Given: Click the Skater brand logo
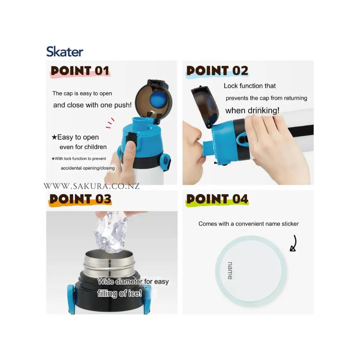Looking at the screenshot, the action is tap(64, 51).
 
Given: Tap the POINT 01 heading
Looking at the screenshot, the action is tap(80, 71).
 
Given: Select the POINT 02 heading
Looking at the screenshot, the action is tap(217, 71).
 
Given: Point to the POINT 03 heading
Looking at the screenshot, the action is tap(80, 199).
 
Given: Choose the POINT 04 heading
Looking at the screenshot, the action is tap(217, 199).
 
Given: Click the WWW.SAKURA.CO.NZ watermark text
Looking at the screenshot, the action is tap(91, 186).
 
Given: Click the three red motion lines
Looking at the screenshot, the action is tap(110, 123).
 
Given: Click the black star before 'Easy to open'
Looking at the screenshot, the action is tap(54, 137).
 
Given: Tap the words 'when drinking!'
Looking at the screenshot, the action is tap(252, 111).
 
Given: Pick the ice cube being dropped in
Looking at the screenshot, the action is tap(111, 231).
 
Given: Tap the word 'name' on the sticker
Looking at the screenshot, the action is tap(230, 271).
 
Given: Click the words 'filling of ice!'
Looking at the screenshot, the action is tap(120, 293).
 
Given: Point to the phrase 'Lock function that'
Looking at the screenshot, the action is tap(249, 86).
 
